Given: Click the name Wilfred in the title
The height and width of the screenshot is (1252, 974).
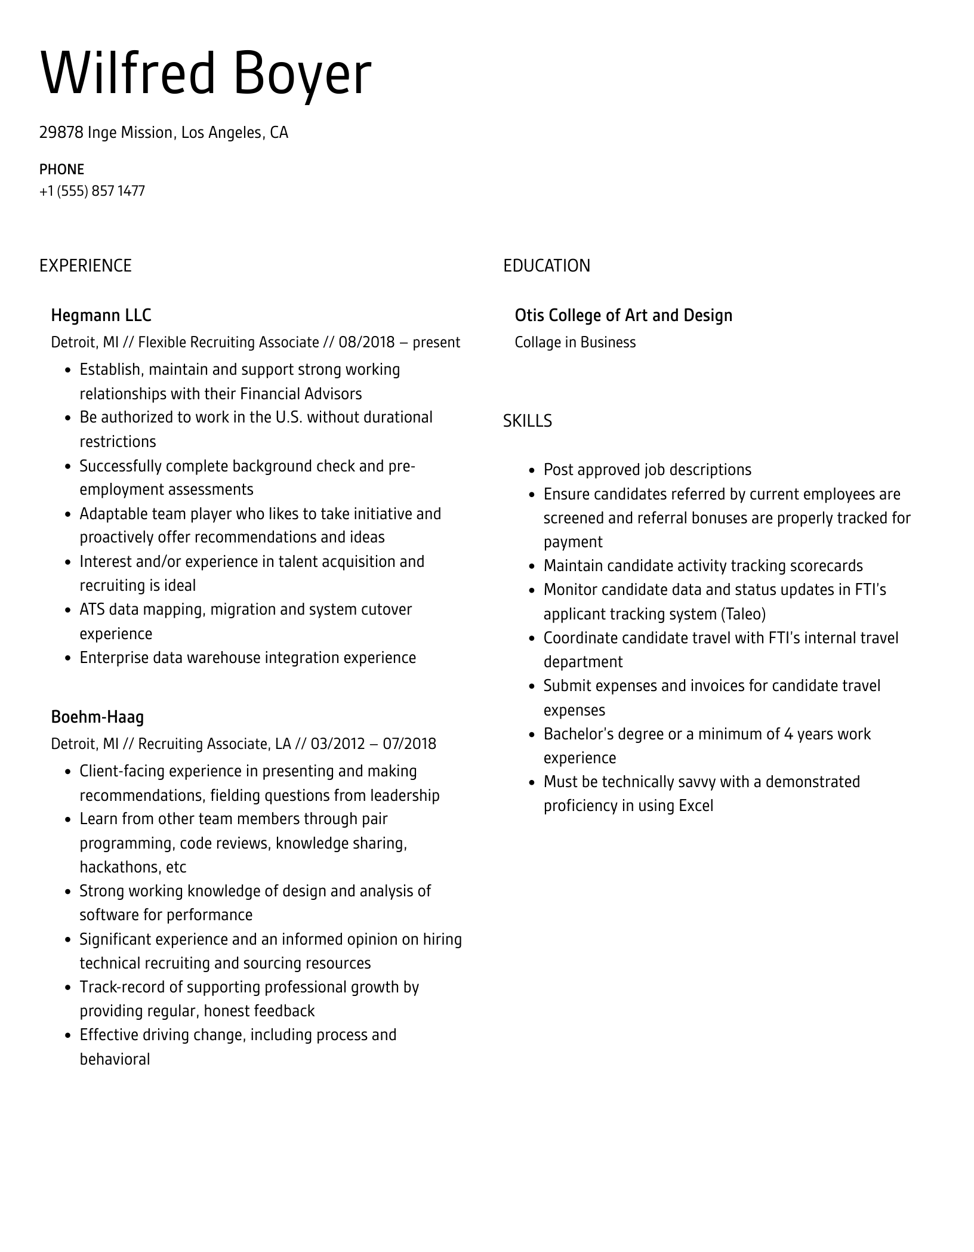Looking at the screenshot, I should [127, 73].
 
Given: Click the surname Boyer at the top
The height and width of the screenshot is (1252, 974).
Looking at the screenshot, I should [301, 75].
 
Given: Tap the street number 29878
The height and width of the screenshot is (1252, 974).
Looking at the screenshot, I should [61, 132].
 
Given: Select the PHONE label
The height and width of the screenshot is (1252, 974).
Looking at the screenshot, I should [61, 169].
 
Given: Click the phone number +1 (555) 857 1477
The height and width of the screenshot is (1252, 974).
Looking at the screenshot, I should [92, 191].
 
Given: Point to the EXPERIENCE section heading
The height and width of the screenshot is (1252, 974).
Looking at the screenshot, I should [85, 266].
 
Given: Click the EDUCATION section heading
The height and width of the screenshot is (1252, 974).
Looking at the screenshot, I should [546, 266].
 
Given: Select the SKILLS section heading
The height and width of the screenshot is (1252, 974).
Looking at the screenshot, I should [527, 421].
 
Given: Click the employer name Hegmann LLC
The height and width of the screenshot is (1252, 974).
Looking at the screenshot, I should [101, 315].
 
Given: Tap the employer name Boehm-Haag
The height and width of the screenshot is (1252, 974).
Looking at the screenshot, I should [97, 717].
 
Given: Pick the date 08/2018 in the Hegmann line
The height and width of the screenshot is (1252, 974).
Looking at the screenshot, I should [366, 343].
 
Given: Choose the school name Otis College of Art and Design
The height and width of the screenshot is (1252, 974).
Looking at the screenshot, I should [623, 315].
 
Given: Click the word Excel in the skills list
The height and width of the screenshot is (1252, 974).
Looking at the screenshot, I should [696, 806].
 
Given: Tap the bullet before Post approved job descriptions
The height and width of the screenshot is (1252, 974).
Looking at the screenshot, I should [532, 471].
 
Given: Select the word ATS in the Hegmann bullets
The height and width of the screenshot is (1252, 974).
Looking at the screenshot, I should [93, 610].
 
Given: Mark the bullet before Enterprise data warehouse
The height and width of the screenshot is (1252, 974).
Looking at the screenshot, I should [69, 659].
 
